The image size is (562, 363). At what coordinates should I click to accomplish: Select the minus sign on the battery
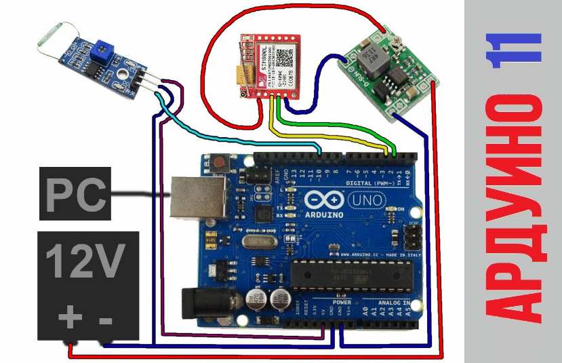[x=106, y=318]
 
